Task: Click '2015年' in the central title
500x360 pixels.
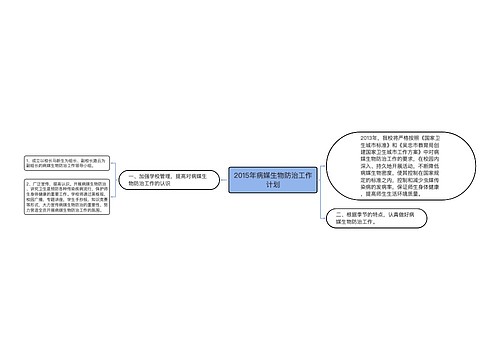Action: pos(242,175)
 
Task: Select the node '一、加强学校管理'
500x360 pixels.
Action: pos(158,180)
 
